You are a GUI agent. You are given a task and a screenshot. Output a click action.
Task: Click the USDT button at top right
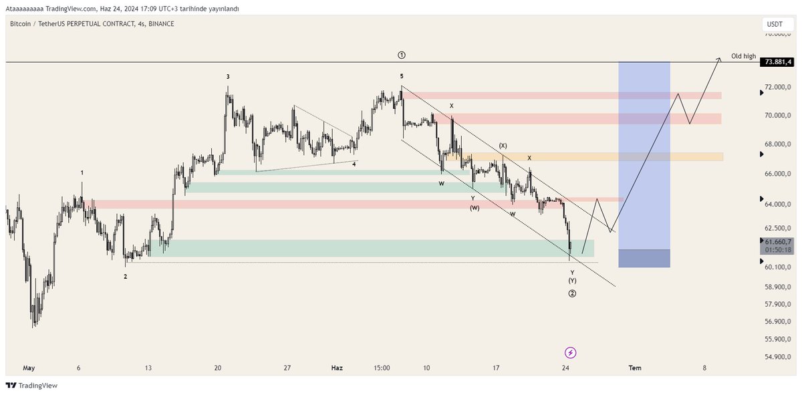(x=775, y=24)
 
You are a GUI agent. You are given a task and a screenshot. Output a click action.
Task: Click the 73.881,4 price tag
(x=778, y=61)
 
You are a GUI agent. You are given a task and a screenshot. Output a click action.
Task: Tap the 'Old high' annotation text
(x=743, y=56)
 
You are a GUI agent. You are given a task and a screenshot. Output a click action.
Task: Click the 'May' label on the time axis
(x=29, y=368)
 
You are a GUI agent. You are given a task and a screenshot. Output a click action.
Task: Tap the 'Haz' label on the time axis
(x=337, y=368)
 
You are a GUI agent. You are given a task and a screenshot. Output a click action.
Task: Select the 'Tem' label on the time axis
(x=635, y=368)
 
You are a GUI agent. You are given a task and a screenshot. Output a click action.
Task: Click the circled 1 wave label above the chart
(x=402, y=55)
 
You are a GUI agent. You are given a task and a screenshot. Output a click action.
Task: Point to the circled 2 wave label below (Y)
(x=572, y=293)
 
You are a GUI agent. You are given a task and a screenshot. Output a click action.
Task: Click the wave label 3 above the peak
(x=228, y=77)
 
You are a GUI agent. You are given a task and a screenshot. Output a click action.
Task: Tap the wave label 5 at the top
(x=402, y=76)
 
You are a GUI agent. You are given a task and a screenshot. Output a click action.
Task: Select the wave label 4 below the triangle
(x=354, y=164)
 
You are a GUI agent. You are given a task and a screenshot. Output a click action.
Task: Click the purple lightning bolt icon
(x=571, y=352)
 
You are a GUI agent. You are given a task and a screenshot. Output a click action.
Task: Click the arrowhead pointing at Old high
(x=719, y=59)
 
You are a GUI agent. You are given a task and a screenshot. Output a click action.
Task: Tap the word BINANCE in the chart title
(x=161, y=24)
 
